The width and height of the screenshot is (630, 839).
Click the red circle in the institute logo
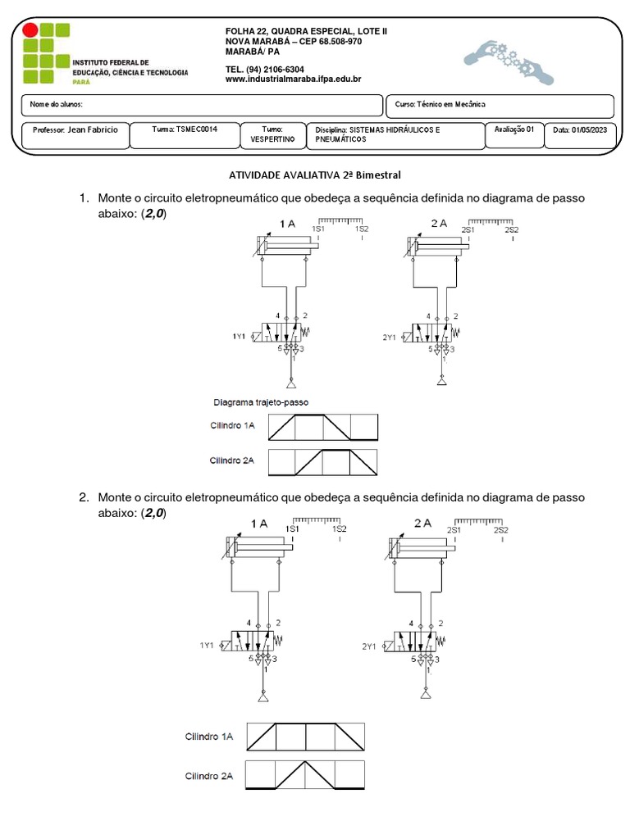point(30,30)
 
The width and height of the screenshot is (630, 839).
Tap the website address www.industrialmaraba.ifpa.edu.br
point(293,79)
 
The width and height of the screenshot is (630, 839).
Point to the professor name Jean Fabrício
point(92,129)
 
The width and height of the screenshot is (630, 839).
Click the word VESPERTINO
point(272,139)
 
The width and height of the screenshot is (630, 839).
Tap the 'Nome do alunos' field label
point(56,105)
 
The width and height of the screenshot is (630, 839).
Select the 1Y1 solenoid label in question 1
point(240,337)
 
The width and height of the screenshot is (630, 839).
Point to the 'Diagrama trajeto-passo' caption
point(259,402)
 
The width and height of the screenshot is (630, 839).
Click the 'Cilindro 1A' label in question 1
point(232,425)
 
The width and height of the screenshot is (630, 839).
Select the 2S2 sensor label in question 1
point(511,230)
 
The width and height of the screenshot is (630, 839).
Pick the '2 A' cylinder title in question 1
point(438,223)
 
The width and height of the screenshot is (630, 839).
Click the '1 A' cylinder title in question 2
point(259,524)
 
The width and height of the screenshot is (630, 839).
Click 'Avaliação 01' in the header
point(514,129)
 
